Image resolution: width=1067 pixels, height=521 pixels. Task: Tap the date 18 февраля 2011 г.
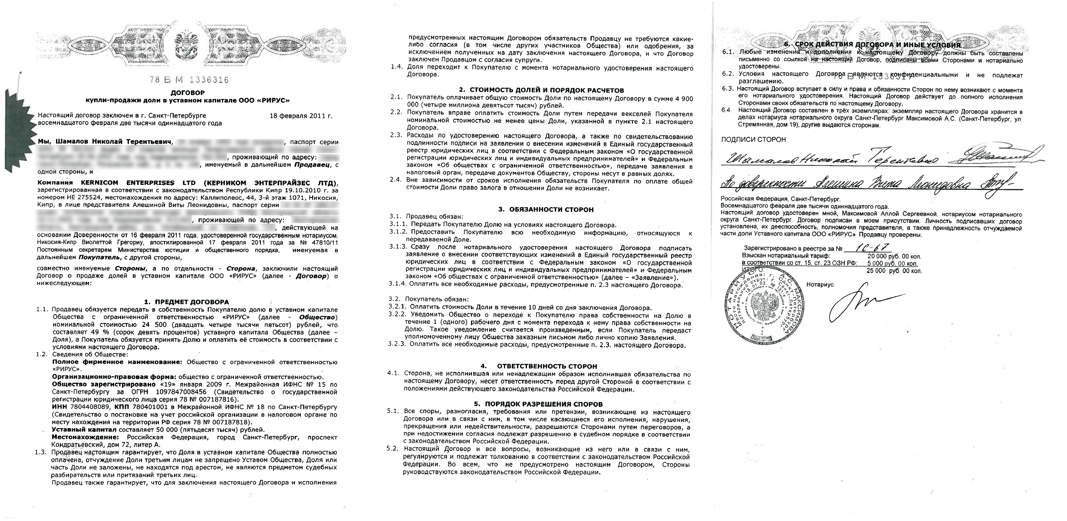(301, 116)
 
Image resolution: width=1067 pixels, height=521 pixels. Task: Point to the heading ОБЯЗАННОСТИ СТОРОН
(546, 209)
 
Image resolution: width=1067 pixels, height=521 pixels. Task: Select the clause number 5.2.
(392, 448)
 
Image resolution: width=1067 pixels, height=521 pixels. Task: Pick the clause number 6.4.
(728, 110)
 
